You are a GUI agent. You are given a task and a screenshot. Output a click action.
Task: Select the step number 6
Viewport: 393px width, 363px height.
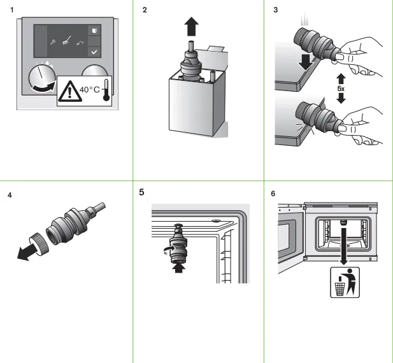[273, 193]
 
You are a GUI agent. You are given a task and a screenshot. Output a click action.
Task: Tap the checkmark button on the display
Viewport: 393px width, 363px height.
[94, 51]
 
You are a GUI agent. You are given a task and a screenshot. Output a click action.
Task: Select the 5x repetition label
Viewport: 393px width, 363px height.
[341, 90]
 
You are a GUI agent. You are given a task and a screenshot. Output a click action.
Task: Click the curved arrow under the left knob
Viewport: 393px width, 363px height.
[43, 93]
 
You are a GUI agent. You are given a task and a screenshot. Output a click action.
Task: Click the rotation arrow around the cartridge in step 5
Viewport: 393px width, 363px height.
[166, 250]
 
